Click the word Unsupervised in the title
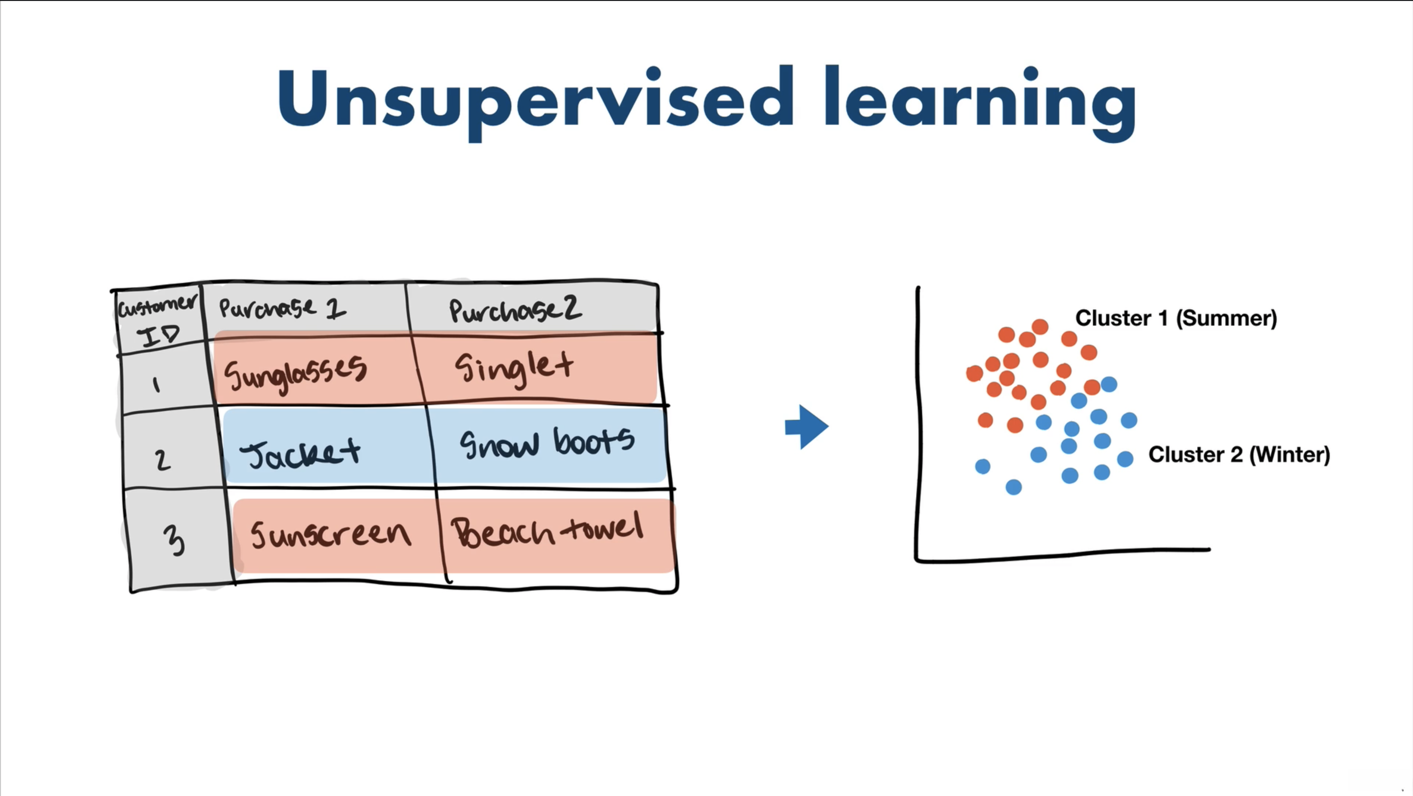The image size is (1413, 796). [x=535, y=102]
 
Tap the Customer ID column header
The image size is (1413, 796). [x=158, y=321]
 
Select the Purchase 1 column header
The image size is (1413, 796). [x=283, y=308]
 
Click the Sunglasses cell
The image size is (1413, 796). [x=295, y=373]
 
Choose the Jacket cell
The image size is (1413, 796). [x=301, y=453]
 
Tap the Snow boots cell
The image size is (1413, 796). [x=547, y=443]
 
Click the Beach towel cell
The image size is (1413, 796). [x=547, y=530]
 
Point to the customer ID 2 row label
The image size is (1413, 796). [x=162, y=460]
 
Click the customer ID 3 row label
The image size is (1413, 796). [x=175, y=540]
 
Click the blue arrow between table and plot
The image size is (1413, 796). [x=806, y=427]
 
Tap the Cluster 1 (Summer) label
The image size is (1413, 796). [x=1176, y=318]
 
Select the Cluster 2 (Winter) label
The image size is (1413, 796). [x=1239, y=455]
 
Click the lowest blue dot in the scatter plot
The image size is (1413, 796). [x=1014, y=487]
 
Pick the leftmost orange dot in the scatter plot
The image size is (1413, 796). [x=974, y=373]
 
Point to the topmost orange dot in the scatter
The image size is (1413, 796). [x=1040, y=327]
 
